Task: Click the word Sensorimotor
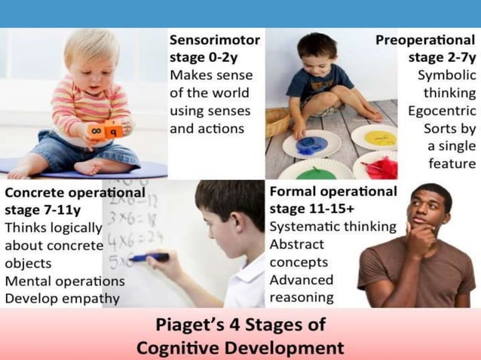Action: click(x=215, y=39)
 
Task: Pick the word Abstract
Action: click(x=296, y=244)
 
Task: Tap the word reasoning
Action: click(x=302, y=297)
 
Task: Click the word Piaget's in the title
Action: click(x=187, y=326)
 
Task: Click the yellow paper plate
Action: click(x=375, y=137)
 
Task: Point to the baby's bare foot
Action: click(x=23, y=167)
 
